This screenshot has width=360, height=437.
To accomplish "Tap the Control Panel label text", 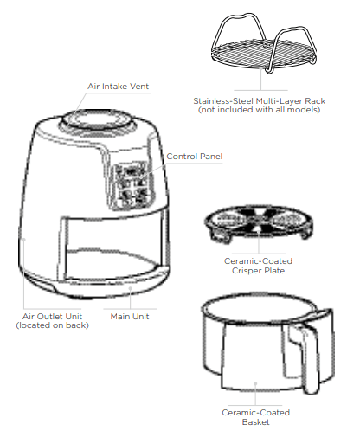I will (x=194, y=157).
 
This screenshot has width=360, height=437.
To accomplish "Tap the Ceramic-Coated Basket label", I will (x=256, y=417).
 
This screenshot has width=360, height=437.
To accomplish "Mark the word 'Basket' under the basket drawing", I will (x=255, y=421).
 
